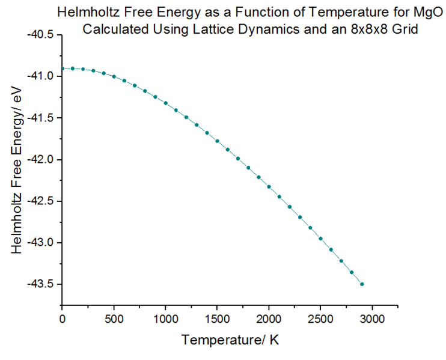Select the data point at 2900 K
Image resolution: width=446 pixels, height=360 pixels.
click(x=362, y=284)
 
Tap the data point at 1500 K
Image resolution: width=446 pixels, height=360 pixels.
click(x=217, y=141)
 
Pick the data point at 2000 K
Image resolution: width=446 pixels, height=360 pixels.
click(x=269, y=187)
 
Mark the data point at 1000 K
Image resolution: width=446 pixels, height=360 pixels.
click(x=165, y=103)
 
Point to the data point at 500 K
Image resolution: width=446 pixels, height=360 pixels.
click(x=114, y=77)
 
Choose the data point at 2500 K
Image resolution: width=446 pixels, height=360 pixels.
click(x=320, y=239)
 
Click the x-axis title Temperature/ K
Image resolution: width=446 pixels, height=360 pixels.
click(x=230, y=341)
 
